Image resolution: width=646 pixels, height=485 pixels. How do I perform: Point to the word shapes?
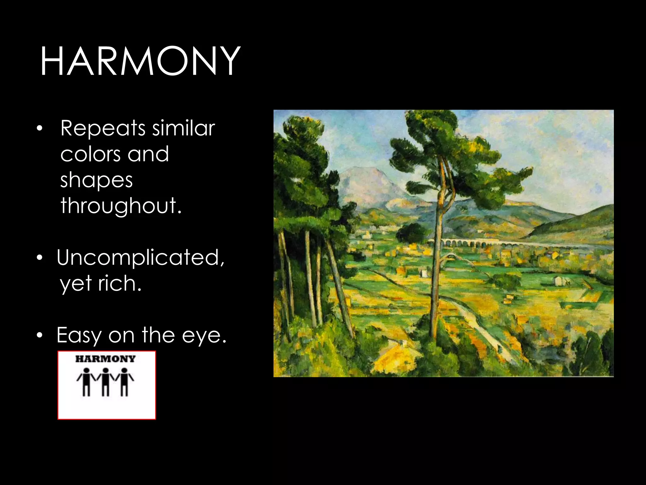tap(97, 181)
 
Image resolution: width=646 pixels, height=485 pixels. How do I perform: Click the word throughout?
tap(121, 206)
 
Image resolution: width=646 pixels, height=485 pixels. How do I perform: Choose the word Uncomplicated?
tap(140, 257)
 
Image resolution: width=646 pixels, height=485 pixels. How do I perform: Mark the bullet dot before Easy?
tap(39, 336)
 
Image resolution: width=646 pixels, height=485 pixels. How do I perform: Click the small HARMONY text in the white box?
tap(105, 359)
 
